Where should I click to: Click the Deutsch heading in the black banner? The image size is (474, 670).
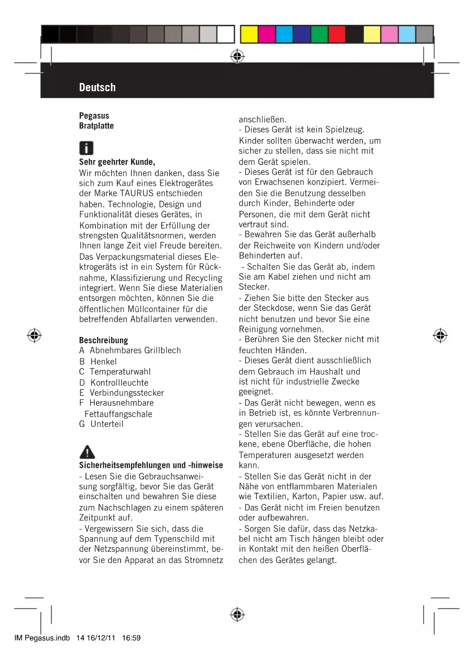coord(97,87)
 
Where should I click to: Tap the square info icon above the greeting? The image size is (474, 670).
coord(86,148)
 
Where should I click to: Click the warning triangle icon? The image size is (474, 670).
coord(87,452)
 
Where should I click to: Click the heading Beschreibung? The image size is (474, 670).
coord(104,340)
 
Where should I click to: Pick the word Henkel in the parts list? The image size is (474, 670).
coord(104,361)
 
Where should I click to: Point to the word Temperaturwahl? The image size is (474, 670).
coord(120,372)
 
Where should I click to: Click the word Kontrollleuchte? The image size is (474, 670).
coord(119,383)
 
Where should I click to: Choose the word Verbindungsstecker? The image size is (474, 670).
coord(126,393)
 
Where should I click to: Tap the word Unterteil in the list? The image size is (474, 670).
coord(107,424)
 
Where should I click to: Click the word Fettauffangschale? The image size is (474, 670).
coord(118,414)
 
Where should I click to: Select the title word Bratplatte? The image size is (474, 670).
coord(96,126)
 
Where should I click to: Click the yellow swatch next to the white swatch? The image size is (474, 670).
coord(249,34)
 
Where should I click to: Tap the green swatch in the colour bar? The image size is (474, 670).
coord(319,34)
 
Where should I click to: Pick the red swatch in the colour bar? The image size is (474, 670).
coord(337,34)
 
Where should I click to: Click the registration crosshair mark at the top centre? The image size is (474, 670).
coord(237,56)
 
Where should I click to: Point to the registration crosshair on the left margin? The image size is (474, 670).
coord(34,335)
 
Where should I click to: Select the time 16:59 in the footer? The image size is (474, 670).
coord(131,638)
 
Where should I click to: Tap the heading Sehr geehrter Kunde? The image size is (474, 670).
coord(117,162)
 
